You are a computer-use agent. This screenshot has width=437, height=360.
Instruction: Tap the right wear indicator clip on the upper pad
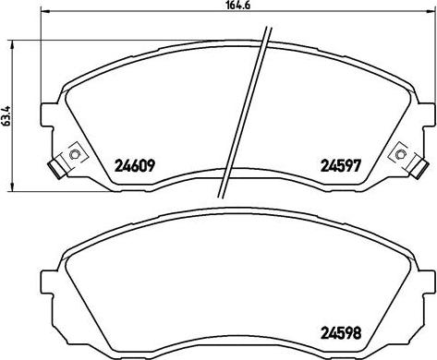(399, 156)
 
